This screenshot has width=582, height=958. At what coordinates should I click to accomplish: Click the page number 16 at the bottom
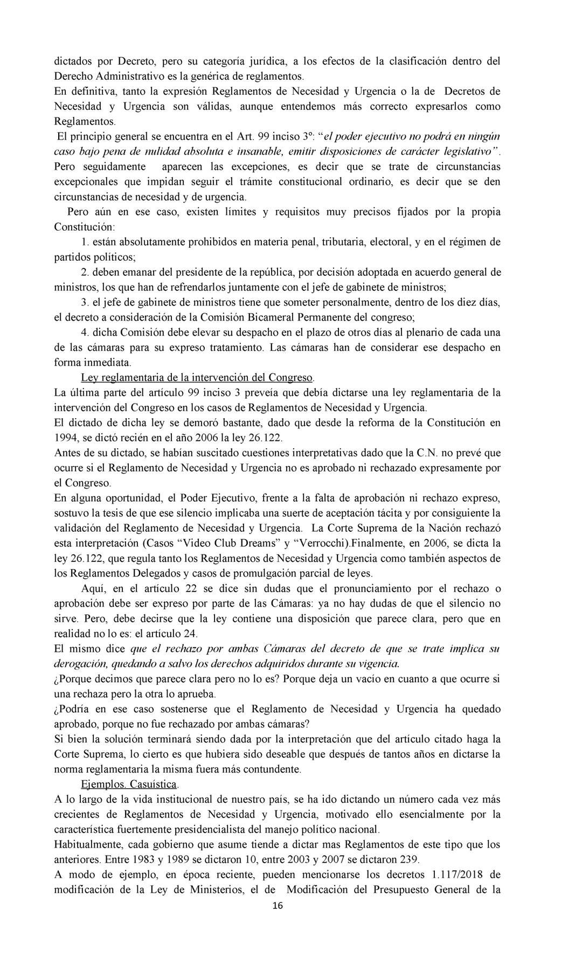tap(278, 906)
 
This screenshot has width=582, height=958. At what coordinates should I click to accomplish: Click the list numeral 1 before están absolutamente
tap(84, 242)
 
